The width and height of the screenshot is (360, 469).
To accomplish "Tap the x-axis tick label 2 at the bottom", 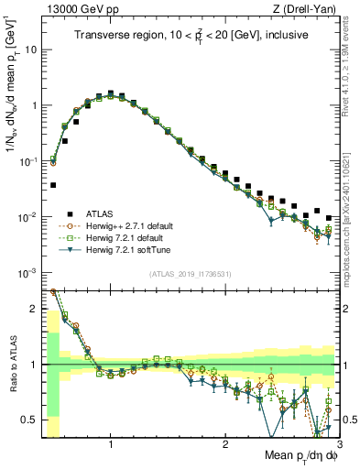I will [224, 444].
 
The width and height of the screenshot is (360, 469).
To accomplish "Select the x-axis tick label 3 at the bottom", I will [338, 444].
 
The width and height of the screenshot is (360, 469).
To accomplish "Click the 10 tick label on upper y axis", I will [32, 49].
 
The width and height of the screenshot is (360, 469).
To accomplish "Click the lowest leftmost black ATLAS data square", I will [53, 184].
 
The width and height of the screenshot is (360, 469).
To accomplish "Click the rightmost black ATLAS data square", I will [329, 217].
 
